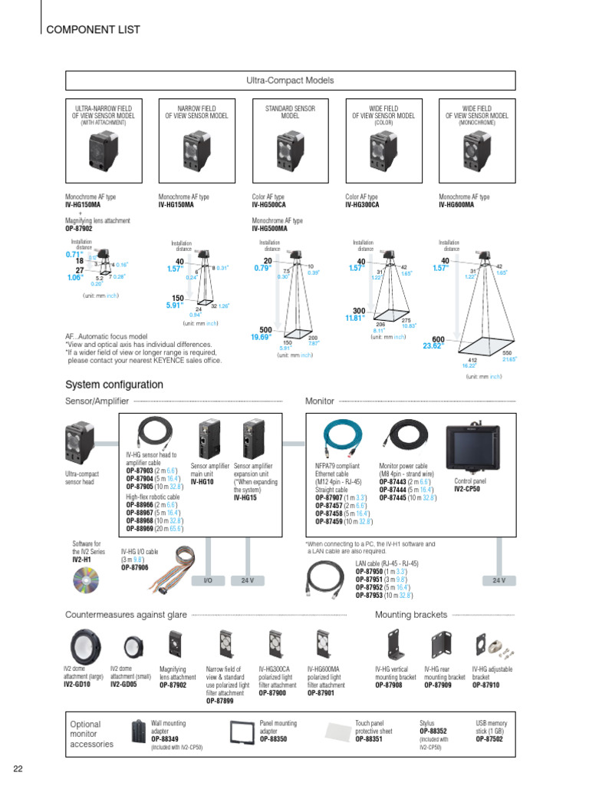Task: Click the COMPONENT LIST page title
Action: click(x=94, y=30)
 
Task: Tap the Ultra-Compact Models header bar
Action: click(x=289, y=81)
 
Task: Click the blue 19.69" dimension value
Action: click(x=262, y=336)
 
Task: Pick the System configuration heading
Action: click(x=114, y=385)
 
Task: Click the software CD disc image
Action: click(x=85, y=584)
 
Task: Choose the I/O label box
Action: click(x=207, y=580)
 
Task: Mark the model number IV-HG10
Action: click(x=202, y=483)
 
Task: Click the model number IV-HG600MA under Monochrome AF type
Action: click(x=456, y=205)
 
